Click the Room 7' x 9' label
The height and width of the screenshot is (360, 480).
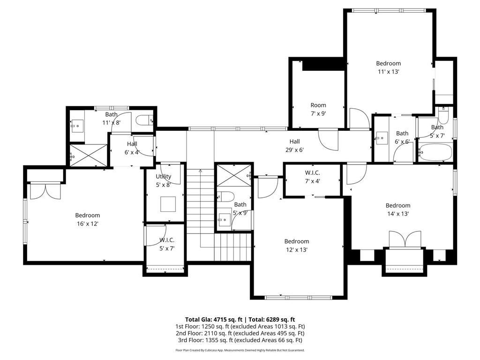point(318,109)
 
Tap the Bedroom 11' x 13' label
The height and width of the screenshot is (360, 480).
point(388,67)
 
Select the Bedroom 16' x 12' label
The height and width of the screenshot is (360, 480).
point(87,219)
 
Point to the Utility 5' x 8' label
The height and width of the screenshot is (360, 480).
point(164,180)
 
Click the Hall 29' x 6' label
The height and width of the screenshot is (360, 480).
point(294,145)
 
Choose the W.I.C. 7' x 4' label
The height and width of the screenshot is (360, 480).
point(312,177)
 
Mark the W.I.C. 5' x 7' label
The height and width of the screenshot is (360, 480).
point(166,244)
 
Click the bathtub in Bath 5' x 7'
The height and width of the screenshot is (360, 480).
point(435,152)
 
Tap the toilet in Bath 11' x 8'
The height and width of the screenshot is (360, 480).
point(144,121)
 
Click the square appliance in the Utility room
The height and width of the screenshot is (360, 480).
point(168,204)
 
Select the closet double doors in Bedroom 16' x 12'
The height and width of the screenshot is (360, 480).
point(45,191)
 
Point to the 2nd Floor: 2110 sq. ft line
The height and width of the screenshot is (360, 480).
point(240,333)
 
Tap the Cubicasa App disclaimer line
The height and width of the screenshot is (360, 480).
point(240,350)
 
